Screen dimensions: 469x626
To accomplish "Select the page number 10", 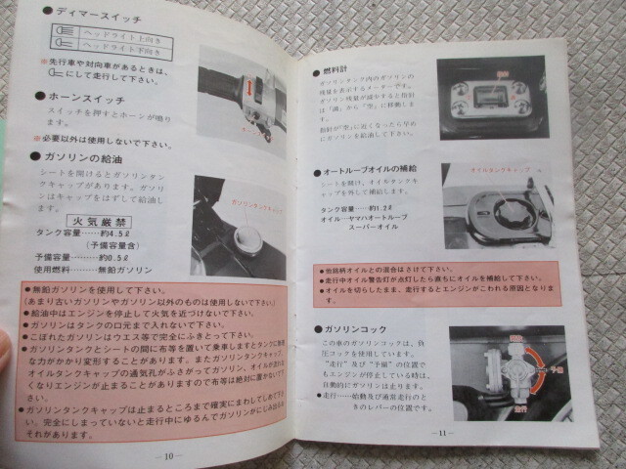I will pyautogui.click(x=169, y=453).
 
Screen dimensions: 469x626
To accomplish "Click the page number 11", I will pyautogui.click(x=442, y=433).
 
